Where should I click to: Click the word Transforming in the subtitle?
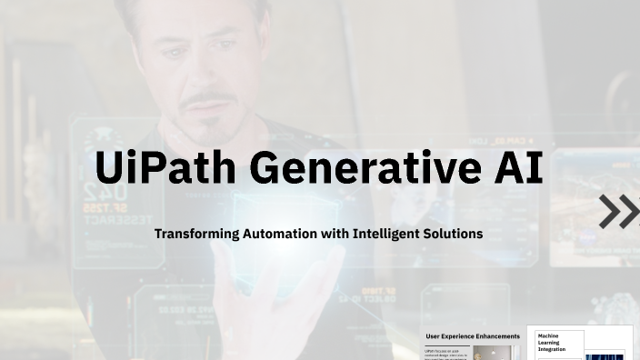[x=196, y=234]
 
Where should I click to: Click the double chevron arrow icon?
[x=619, y=211]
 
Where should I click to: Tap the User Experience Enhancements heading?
[x=473, y=336]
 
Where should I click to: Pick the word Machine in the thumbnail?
[x=550, y=335]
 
